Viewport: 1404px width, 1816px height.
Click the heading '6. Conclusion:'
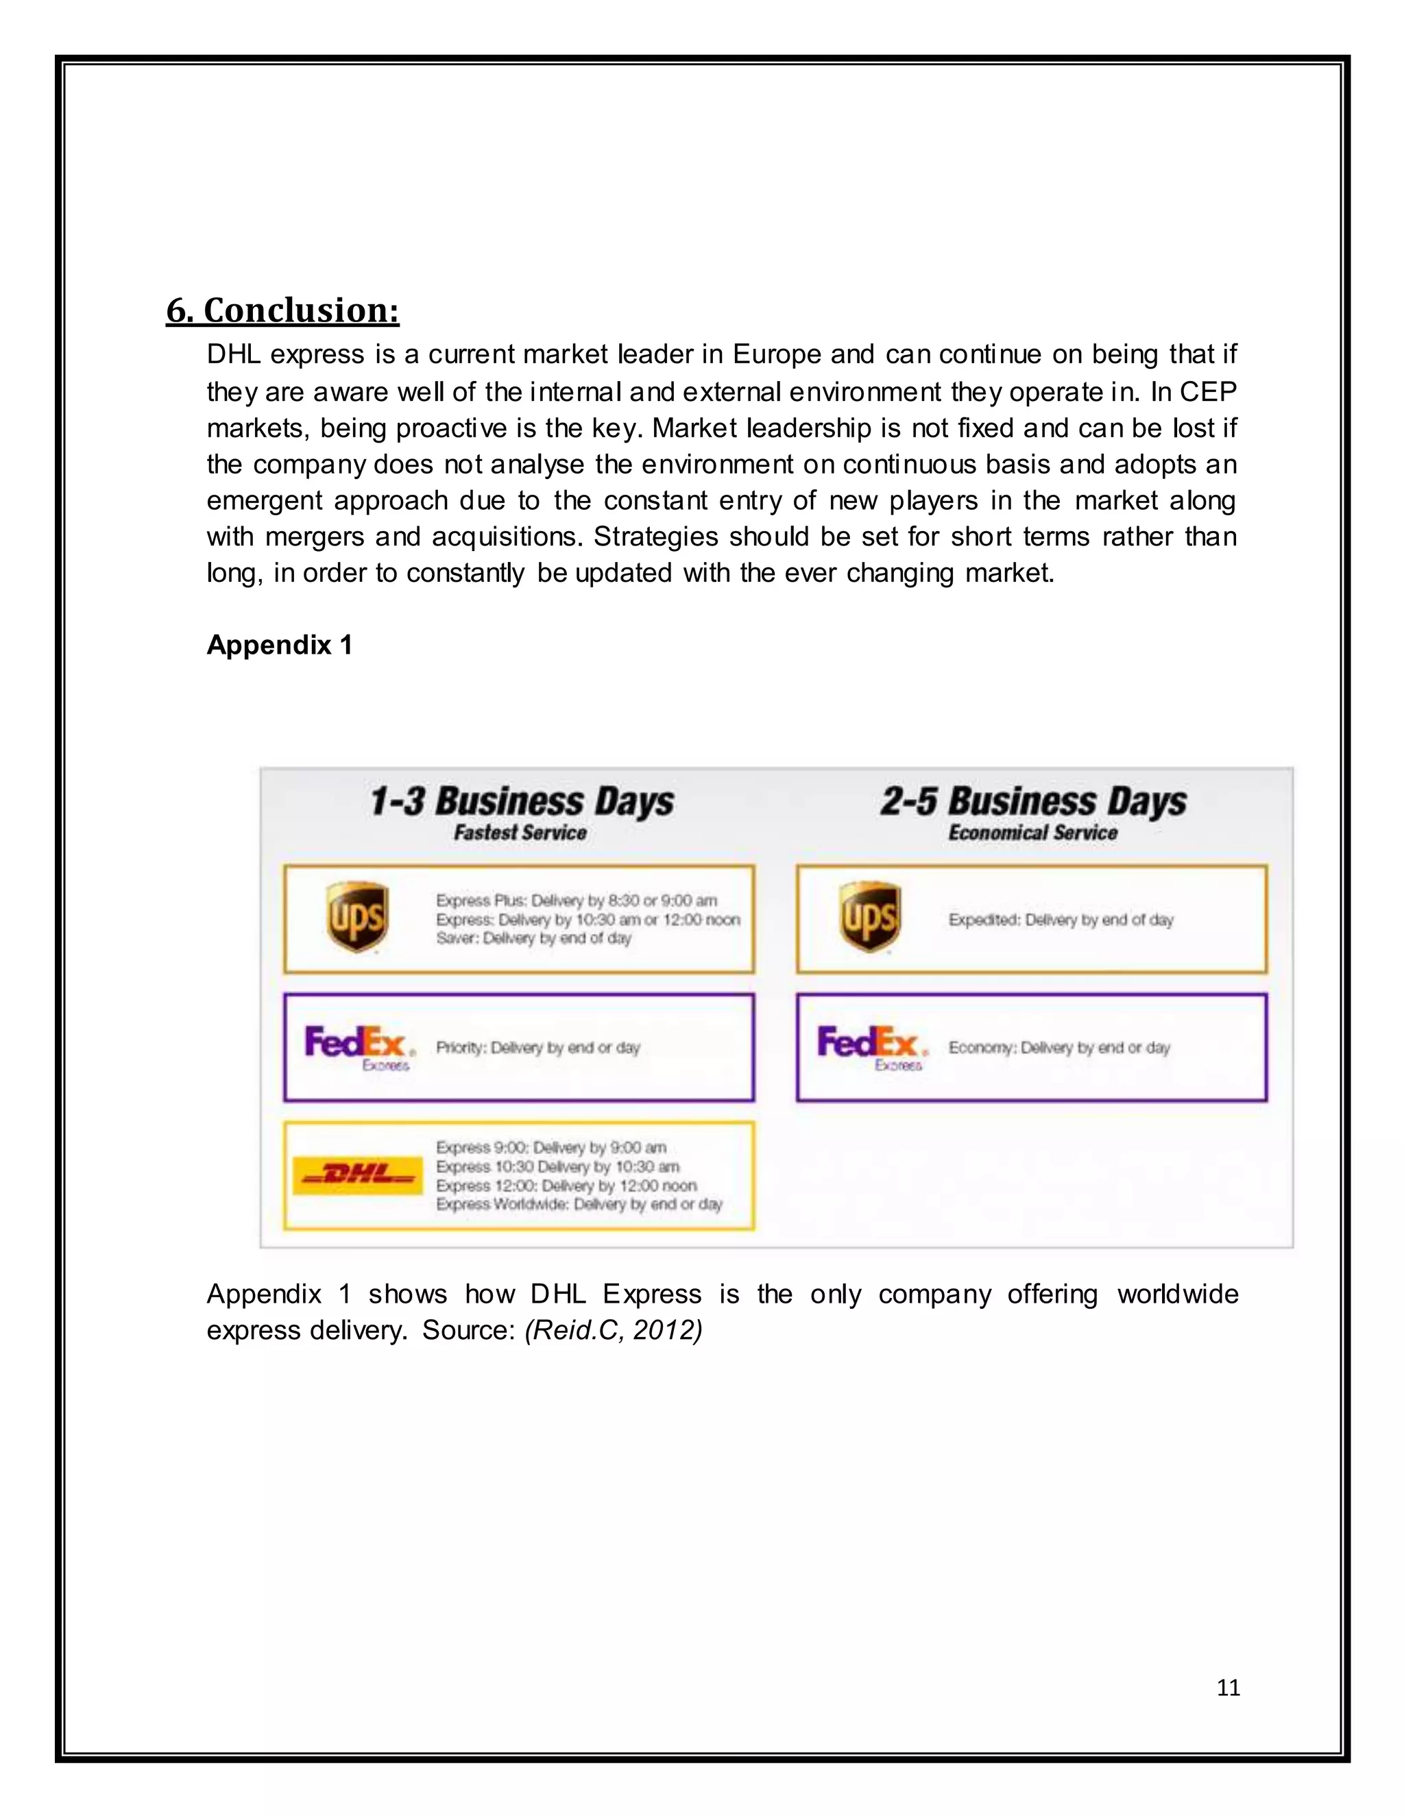pyautogui.click(x=283, y=310)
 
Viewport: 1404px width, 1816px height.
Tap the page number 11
pyautogui.click(x=1228, y=1687)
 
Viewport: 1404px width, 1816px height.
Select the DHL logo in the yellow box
pyautogui.click(x=359, y=1174)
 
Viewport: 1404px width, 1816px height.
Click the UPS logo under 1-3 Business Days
pyautogui.click(x=356, y=918)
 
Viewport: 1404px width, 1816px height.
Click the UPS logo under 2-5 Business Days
pyautogui.click(x=870, y=918)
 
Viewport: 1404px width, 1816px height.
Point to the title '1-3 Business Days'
pyautogui.click(x=522, y=802)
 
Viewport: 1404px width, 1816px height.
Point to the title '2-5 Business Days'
pyautogui.click(x=1033, y=802)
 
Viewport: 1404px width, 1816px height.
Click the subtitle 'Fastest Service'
pyautogui.click(x=520, y=833)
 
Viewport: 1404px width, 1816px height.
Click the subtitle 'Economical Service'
pyautogui.click(x=1032, y=833)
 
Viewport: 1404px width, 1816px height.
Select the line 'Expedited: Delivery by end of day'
pyautogui.click(x=1061, y=920)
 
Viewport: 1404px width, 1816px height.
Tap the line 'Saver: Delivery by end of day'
pyautogui.click(x=533, y=938)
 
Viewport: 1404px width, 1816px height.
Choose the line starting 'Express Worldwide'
pyautogui.click(x=579, y=1204)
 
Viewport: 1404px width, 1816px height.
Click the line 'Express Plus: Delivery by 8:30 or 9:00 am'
pyautogui.click(x=577, y=900)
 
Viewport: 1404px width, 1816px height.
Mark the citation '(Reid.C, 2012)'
pyautogui.click(x=614, y=1329)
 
